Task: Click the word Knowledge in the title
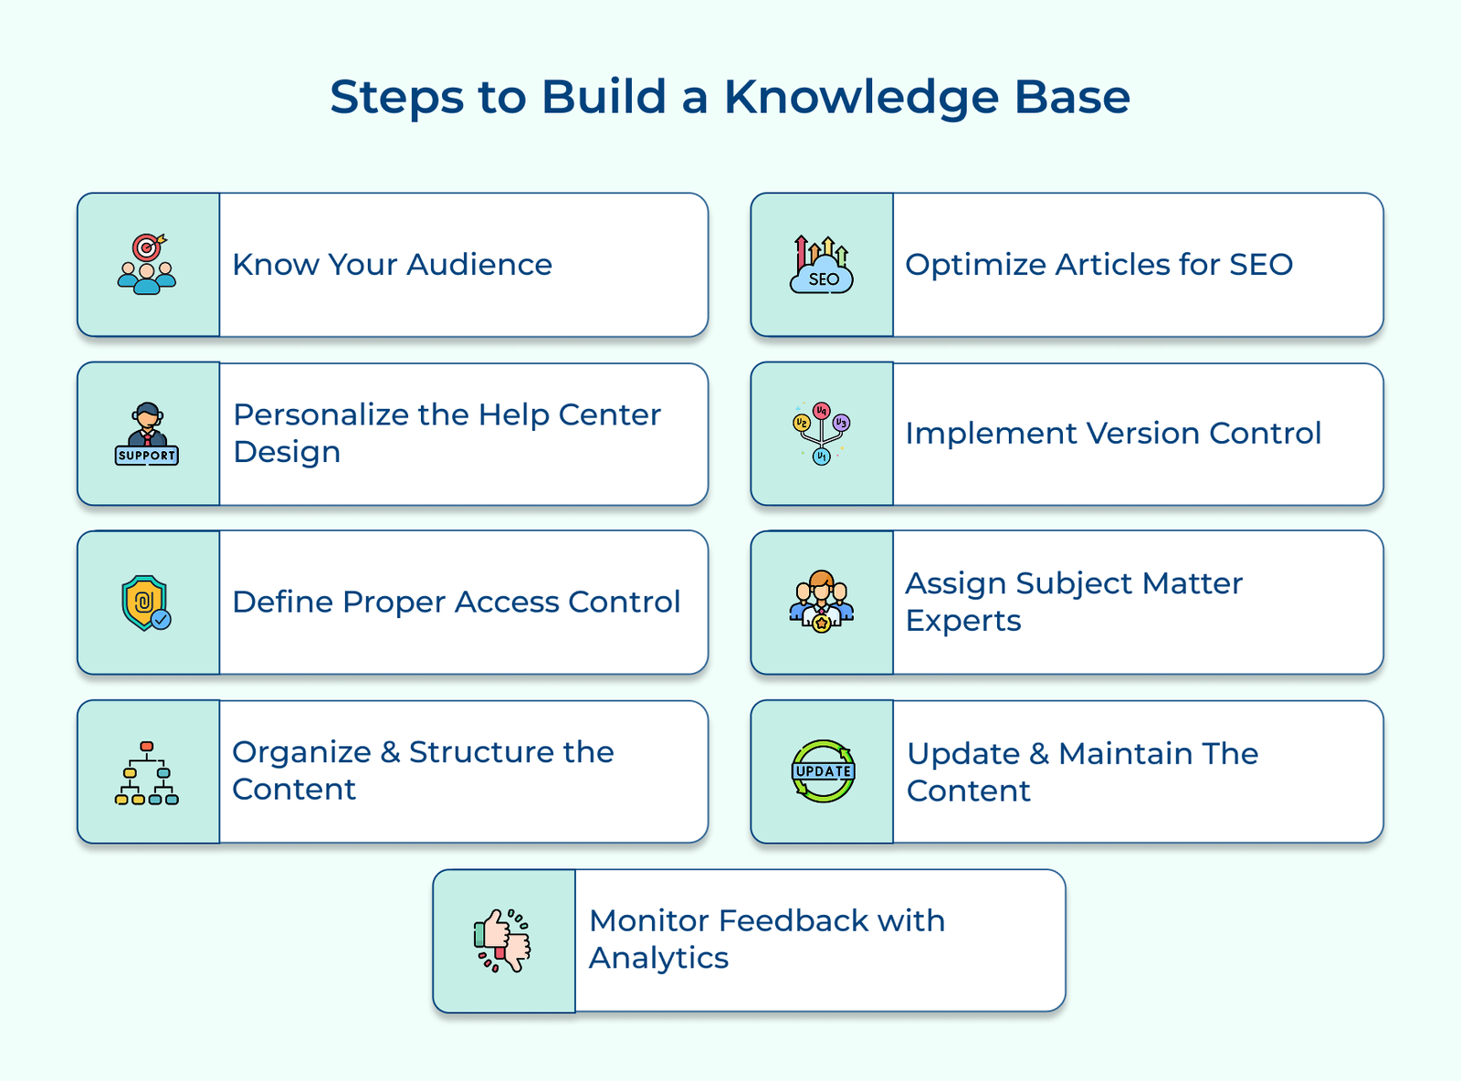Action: [861, 98]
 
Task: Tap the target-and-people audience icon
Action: [147, 265]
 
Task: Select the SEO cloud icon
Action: [821, 265]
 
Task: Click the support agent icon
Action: [147, 434]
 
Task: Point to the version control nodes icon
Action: [821, 433]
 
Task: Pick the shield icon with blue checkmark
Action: [146, 603]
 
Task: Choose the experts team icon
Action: [821, 603]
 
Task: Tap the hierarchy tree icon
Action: [147, 772]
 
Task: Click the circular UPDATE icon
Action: [823, 771]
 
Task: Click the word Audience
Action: [479, 265]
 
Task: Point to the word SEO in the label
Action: [1261, 265]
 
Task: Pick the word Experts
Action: [963, 621]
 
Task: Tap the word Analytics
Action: [658, 959]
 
